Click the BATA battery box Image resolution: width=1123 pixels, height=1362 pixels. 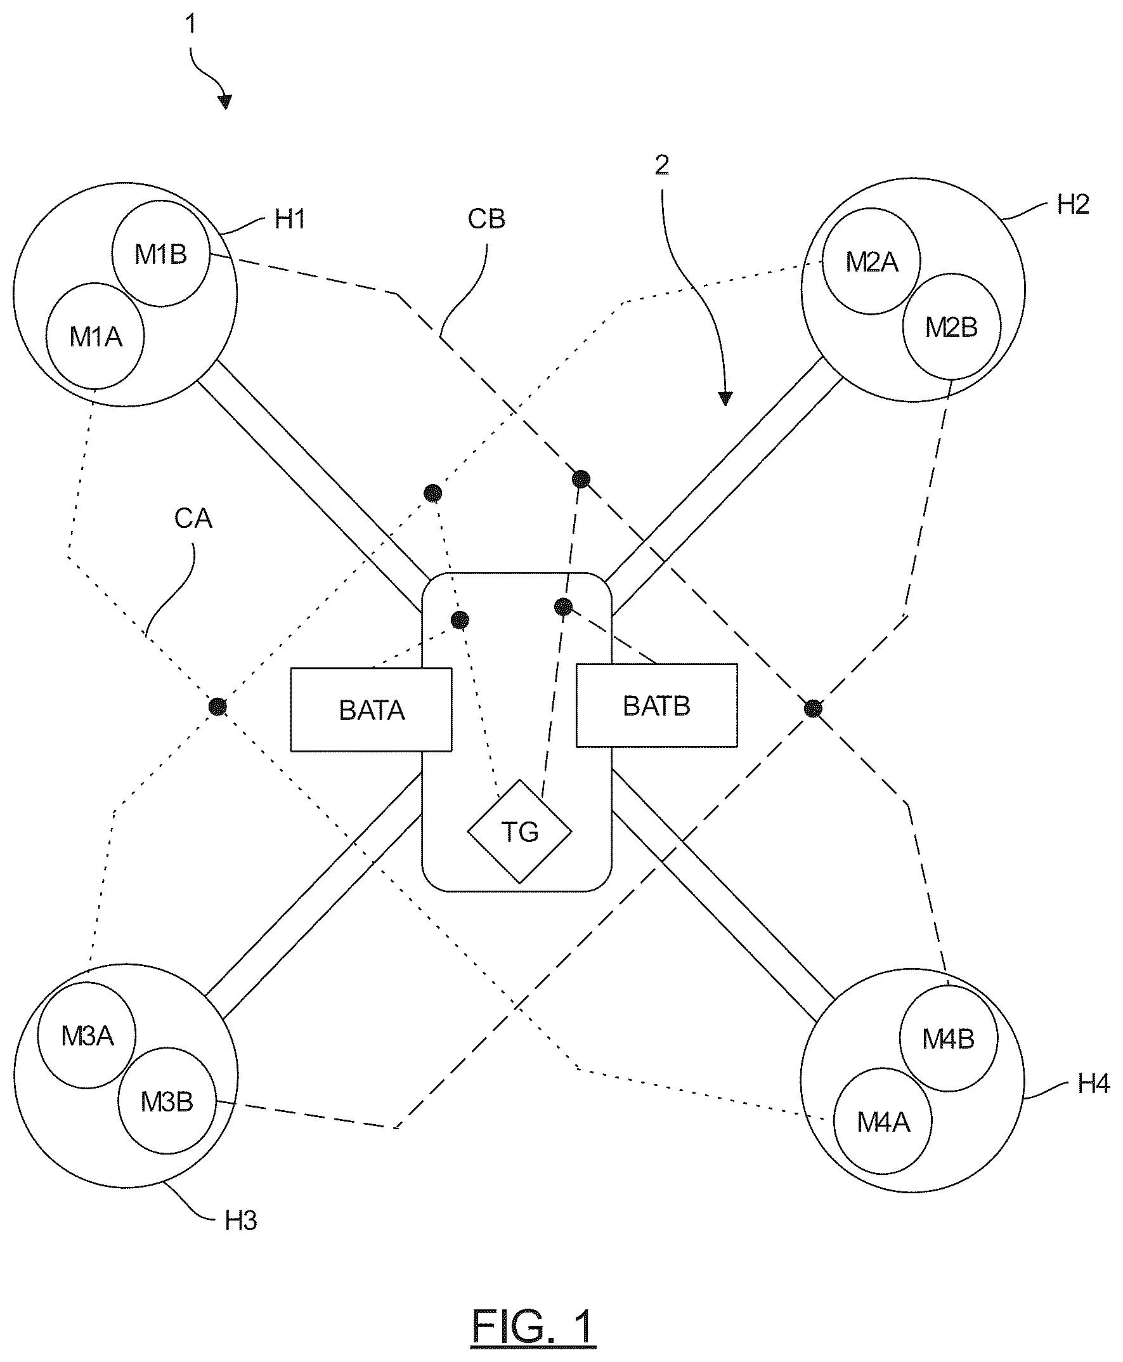coord(372,710)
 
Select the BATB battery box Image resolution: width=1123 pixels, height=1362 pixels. coord(656,705)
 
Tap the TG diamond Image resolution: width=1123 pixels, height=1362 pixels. coord(520,832)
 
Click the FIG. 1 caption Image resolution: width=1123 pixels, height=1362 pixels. coord(533,1326)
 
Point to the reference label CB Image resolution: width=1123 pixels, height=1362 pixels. coord(486,219)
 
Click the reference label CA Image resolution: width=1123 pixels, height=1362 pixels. coord(193,518)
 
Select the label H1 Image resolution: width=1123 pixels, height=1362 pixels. coord(290,219)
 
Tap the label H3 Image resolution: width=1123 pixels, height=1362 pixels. coord(241,1221)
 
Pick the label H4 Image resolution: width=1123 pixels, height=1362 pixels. coord(1093,1083)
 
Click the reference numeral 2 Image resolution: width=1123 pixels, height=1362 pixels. coord(662,166)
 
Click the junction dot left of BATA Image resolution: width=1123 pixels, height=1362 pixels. coord(218,707)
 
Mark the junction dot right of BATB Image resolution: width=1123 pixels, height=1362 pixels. coord(813,709)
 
